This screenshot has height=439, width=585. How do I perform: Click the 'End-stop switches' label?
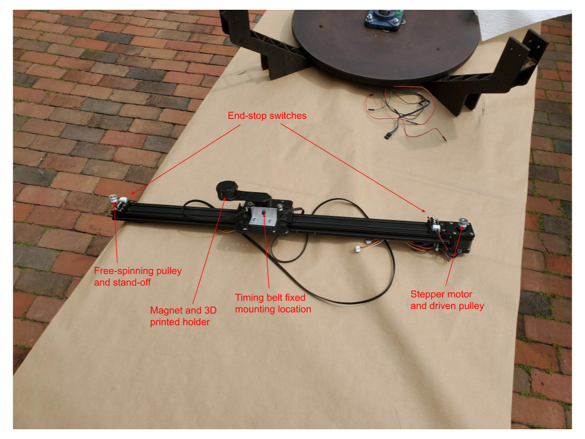pyautogui.click(x=267, y=115)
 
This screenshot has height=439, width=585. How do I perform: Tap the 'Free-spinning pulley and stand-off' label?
pyautogui.click(x=137, y=276)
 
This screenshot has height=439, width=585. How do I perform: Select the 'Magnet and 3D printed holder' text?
pyautogui.click(x=183, y=315)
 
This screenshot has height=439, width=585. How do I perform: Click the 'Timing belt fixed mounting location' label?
pyautogui.click(x=273, y=303)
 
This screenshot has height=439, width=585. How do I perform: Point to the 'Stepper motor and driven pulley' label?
pyautogui.click(x=447, y=300)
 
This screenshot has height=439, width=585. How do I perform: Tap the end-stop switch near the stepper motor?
pyautogui.click(x=436, y=224)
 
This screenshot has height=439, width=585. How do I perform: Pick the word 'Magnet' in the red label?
pyautogui.click(x=166, y=310)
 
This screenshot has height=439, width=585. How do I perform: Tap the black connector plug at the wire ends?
pyautogui.click(x=388, y=135)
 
